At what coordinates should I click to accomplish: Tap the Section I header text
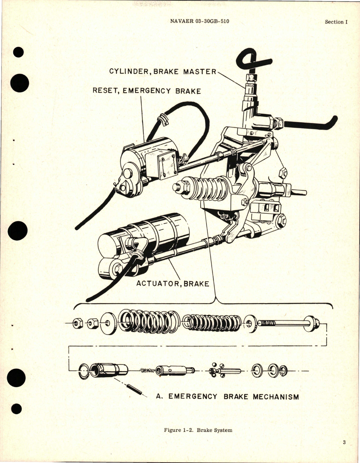pos(336,22)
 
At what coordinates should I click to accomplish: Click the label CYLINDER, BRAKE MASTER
pos(163,71)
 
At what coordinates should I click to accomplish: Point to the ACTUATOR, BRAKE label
pos(173,284)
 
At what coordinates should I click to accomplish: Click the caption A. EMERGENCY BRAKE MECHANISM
pos(227,397)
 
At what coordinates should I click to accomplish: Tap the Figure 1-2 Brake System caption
pos(198,430)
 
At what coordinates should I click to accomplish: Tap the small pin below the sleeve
pos(135,389)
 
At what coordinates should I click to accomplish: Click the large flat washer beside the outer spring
pos(109,323)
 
